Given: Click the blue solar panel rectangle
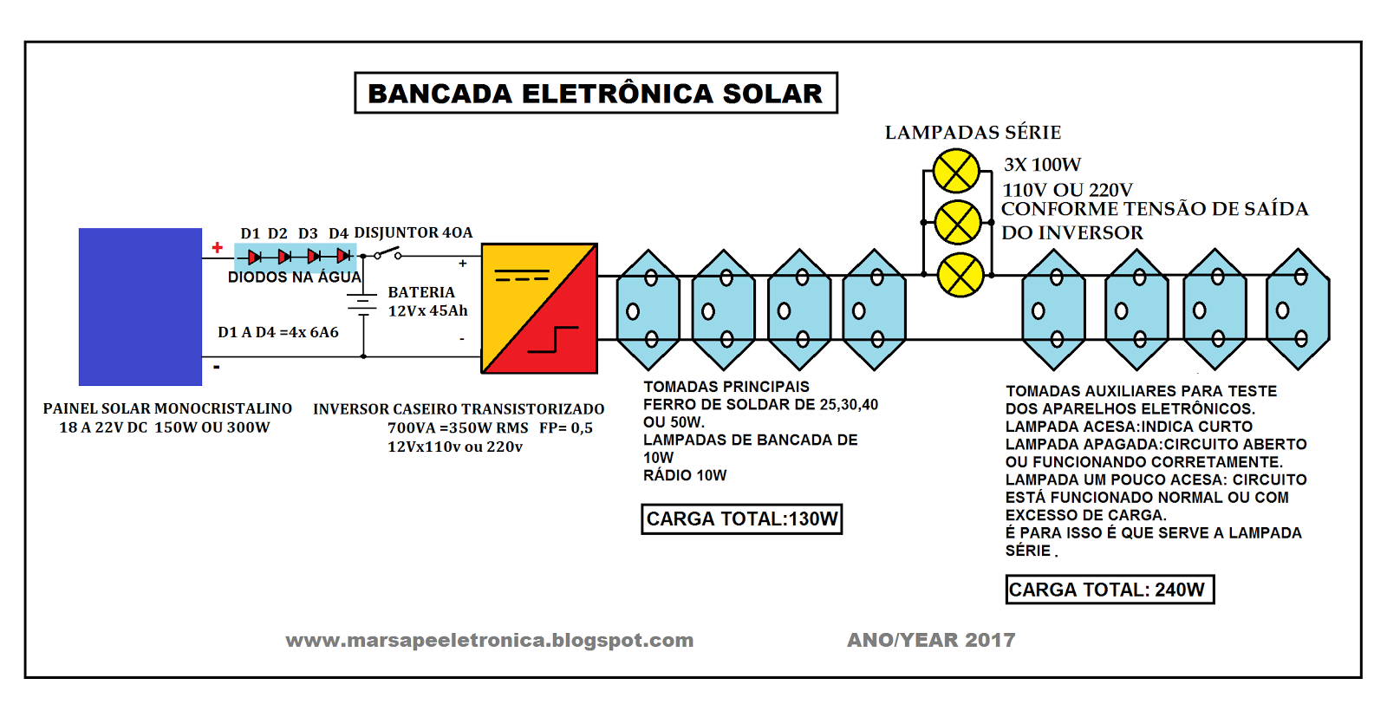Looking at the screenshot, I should click(x=140, y=306).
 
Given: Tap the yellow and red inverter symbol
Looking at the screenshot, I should click(x=539, y=309).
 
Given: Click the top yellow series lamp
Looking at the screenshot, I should click(x=956, y=171).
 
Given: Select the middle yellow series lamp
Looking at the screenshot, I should click(x=957, y=223).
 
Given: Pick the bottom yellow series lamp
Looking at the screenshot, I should click(x=960, y=276).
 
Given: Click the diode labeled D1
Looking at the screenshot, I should click(x=254, y=257).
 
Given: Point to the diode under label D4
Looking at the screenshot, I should click(x=343, y=256).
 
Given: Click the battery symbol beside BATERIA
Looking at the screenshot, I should click(x=363, y=303).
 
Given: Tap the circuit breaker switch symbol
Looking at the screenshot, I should click(x=387, y=253).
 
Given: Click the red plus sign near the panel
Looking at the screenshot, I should click(x=217, y=248).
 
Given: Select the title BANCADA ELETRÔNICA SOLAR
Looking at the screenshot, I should click(x=596, y=93).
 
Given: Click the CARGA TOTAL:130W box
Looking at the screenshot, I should click(x=742, y=519).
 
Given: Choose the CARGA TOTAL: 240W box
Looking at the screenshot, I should click(x=1109, y=590).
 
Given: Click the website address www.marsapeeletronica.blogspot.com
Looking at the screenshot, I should click(x=490, y=640).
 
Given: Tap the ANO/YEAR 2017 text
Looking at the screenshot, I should click(x=931, y=640).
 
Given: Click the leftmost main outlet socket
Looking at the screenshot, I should click(x=648, y=310).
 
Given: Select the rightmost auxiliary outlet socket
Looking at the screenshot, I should click(x=1298, y=310).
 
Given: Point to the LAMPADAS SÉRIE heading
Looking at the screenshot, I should click(x=973, y=133).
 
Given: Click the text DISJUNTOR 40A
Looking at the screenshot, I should click(x=413, y=232).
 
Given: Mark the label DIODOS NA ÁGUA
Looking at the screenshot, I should click(x=294, y=277).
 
